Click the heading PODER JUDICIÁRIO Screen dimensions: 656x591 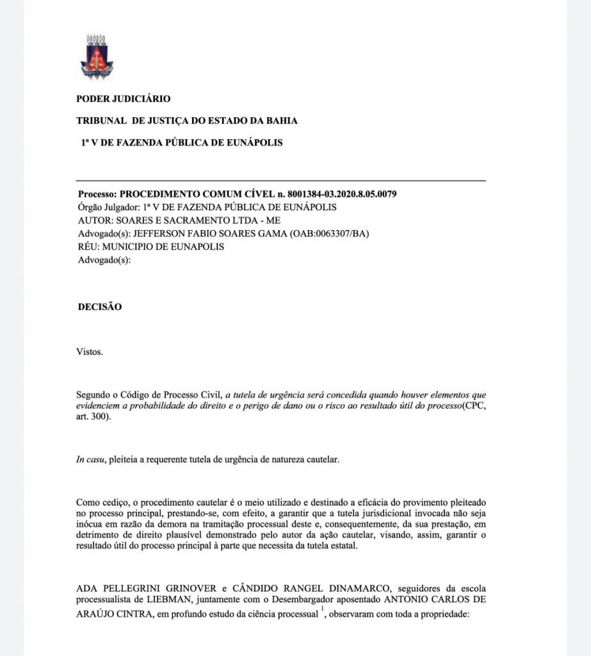pyautogui.click(x=123, y=99)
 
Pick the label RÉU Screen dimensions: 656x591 pyautogui.click(x=88, y=247)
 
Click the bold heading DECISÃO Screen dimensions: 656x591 pyautogui.click(x=99, y=307)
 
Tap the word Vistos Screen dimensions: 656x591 pyautogui.click(x=89, y=352)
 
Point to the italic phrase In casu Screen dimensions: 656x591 pyautogui.click(x=90, y=460)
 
